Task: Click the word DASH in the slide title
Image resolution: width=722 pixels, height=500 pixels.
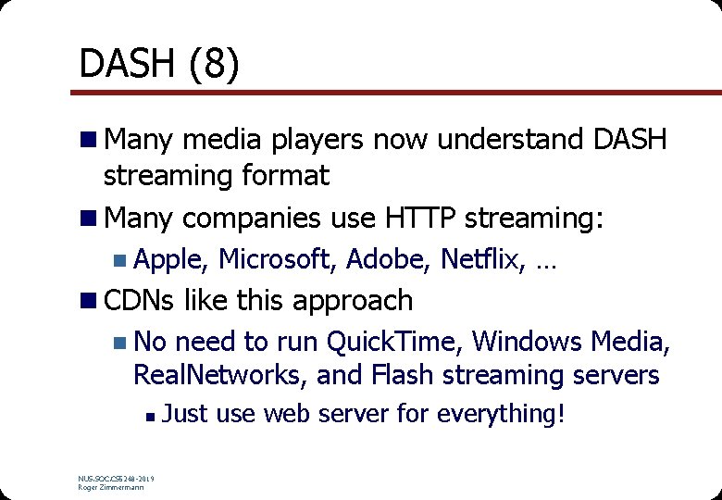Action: tap(126, 64)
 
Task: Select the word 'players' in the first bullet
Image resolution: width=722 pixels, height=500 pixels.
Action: tap(312, 140)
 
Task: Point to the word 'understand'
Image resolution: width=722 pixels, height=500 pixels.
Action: tap(509, 140)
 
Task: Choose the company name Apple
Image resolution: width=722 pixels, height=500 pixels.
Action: tap(171, 259)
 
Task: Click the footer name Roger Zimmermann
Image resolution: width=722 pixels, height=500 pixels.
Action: tap(111, 487)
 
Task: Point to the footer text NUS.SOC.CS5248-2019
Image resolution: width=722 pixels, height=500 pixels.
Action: tap(117, 479)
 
